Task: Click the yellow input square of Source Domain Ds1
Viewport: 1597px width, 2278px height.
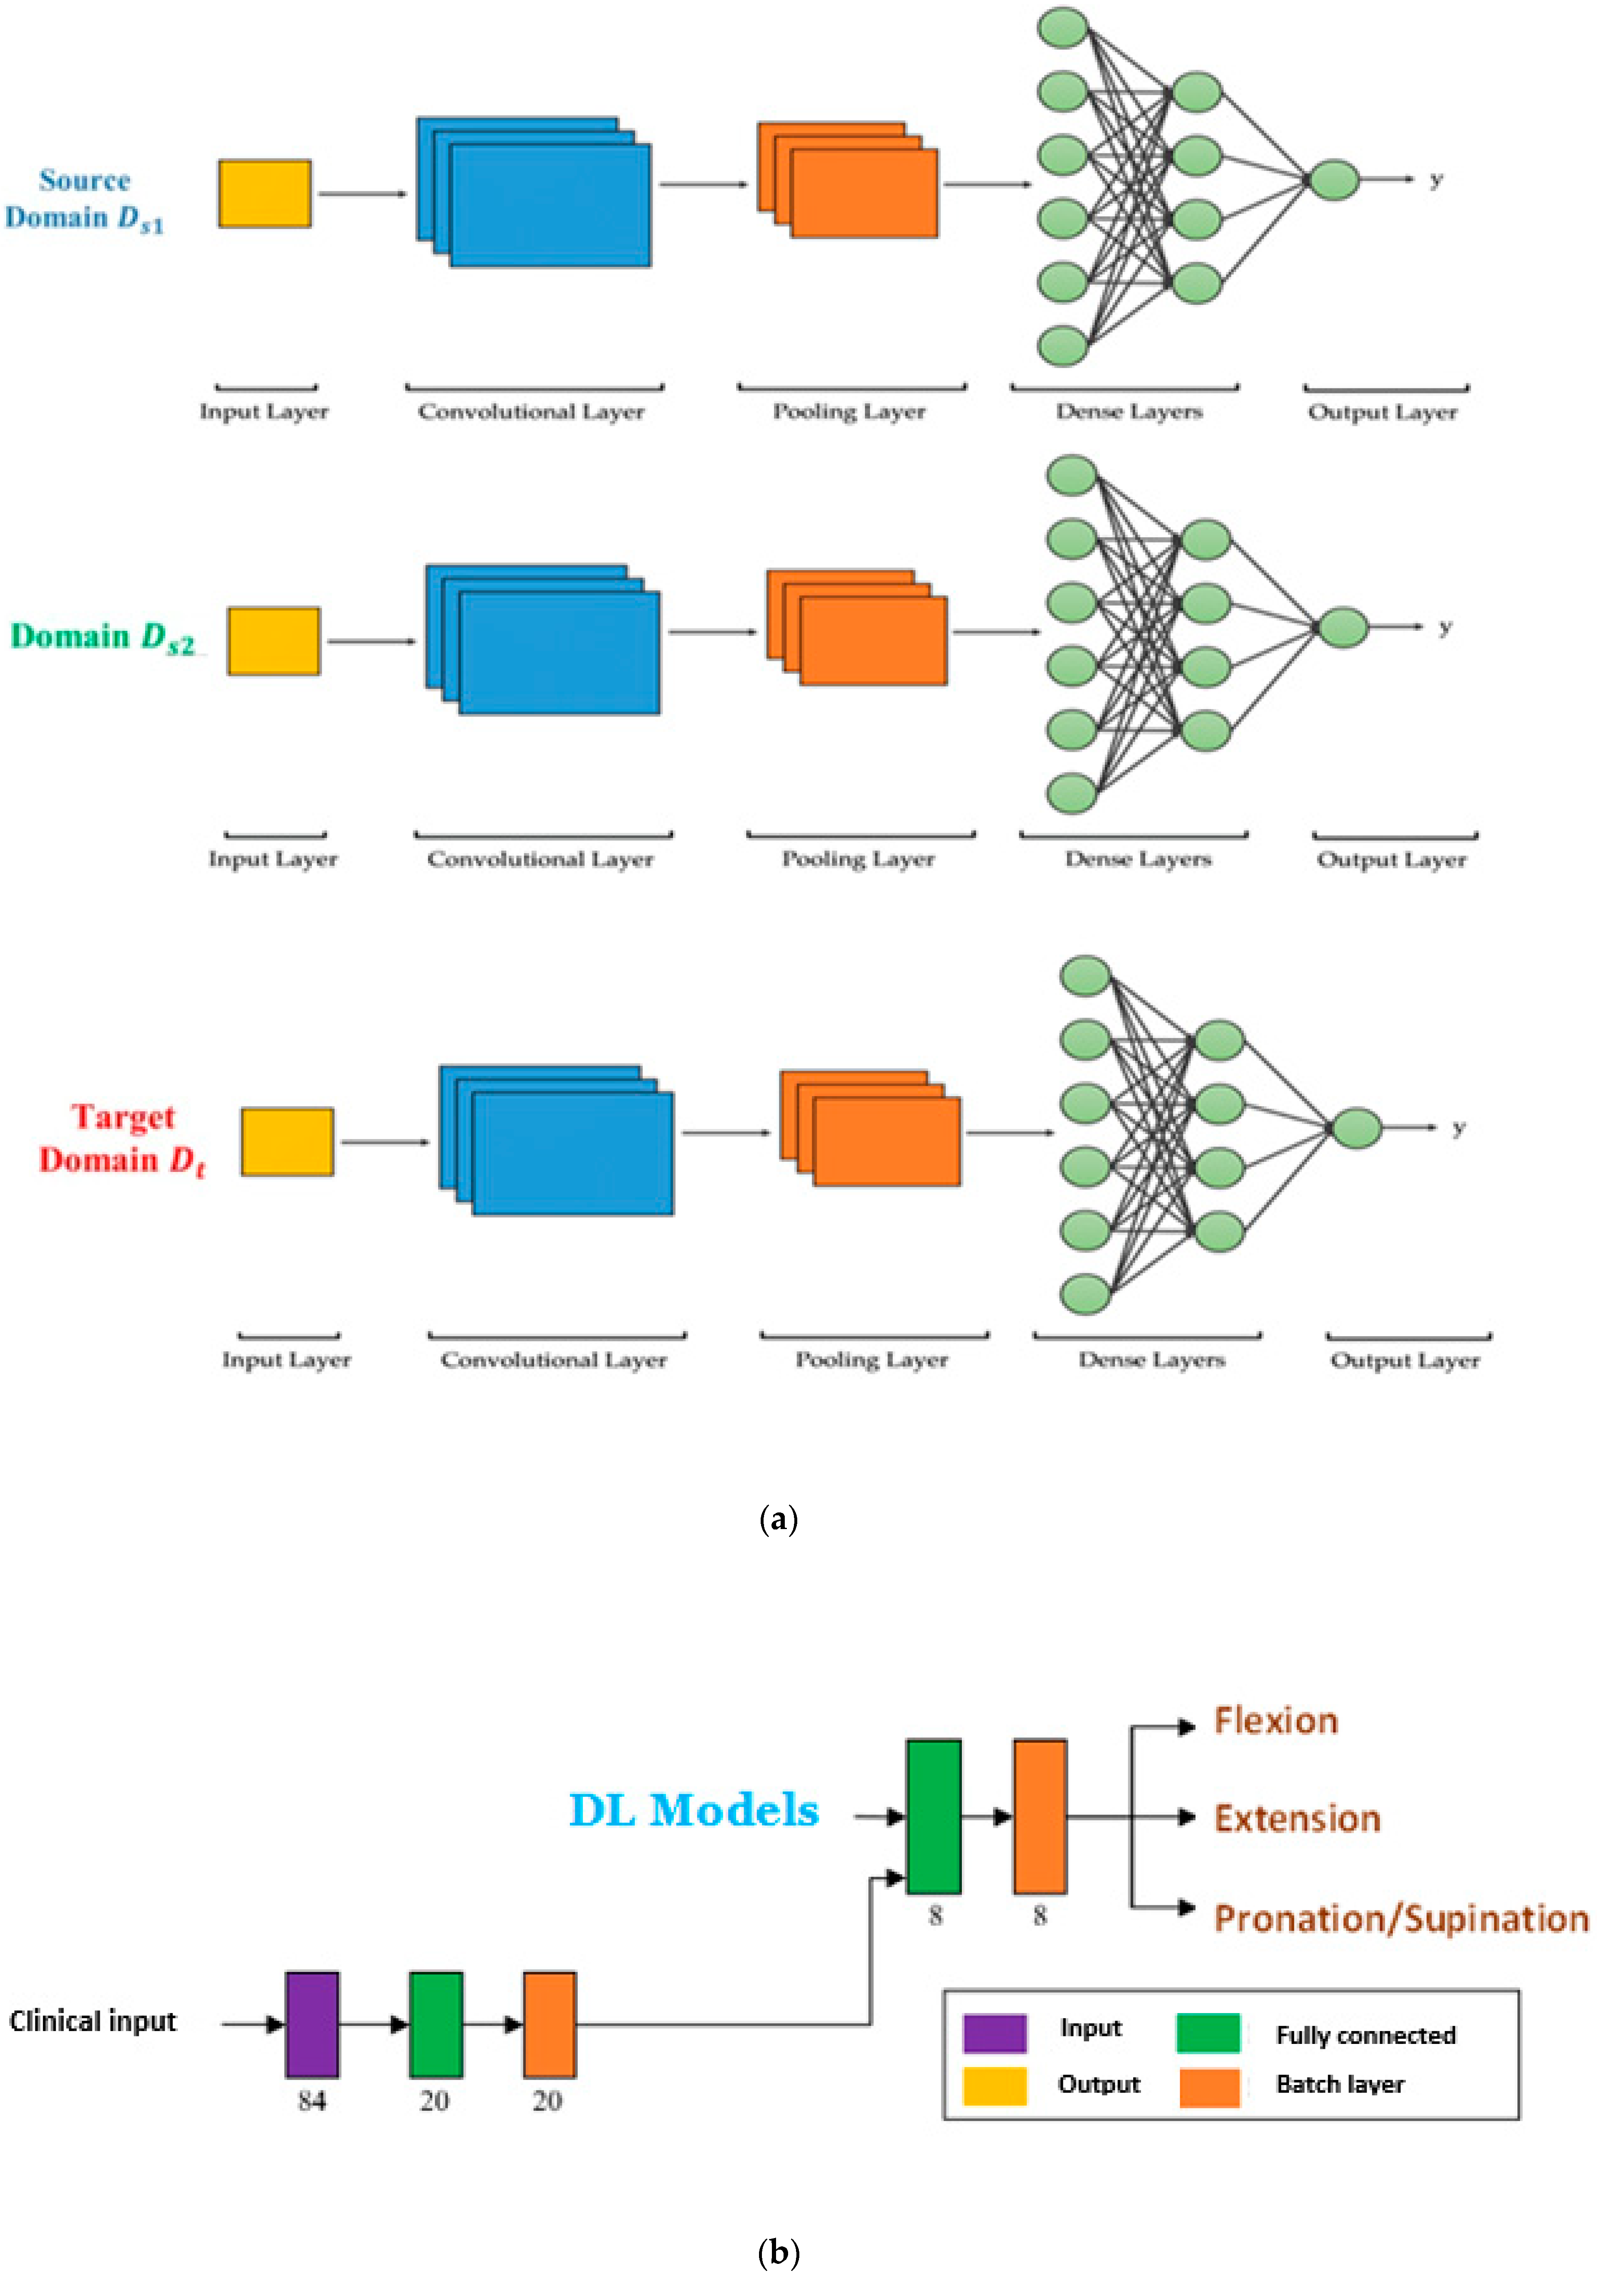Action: tap(265, 193)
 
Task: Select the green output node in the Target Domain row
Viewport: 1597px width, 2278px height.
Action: tap(1356, 1128)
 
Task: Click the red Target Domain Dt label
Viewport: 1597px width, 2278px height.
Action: tap(122, 1139)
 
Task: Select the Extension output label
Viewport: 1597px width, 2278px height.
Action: tap(1297, 1818)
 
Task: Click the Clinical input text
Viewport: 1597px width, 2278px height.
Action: tap(92, 2021)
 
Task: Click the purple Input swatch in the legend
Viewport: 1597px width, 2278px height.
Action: tap(994, 2033)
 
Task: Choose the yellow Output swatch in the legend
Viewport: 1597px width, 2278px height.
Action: tap(994, 2085)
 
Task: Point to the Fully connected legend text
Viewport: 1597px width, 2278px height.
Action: tap(1365, 2035)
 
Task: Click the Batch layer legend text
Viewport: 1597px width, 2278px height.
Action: tap(1340, 2085)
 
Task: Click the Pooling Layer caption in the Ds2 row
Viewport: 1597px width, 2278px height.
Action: tap(858, 859)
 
